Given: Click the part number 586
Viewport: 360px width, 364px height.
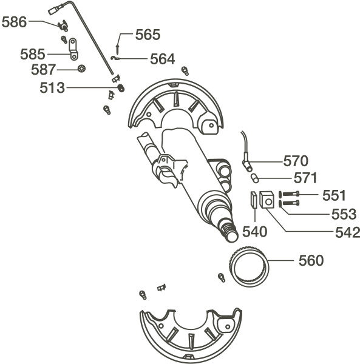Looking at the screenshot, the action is tap(14, 22).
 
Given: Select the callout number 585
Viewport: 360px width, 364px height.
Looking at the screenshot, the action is tap(33, 55).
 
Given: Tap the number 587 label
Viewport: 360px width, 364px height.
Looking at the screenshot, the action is tap(44, 69).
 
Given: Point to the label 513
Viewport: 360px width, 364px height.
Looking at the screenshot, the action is tap(52, 88).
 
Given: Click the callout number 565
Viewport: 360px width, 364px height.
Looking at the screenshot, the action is tap(148, 35).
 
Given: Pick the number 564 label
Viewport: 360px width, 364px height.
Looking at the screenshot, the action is tap(162, 59).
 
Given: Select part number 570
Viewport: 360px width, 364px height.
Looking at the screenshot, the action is tap(296, 161).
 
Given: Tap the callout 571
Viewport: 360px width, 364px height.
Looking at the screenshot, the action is tap(305, 178).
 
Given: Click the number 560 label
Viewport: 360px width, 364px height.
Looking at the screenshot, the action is tap(311, 260).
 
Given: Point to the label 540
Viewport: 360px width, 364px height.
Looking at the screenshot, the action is tap(255, 232).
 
